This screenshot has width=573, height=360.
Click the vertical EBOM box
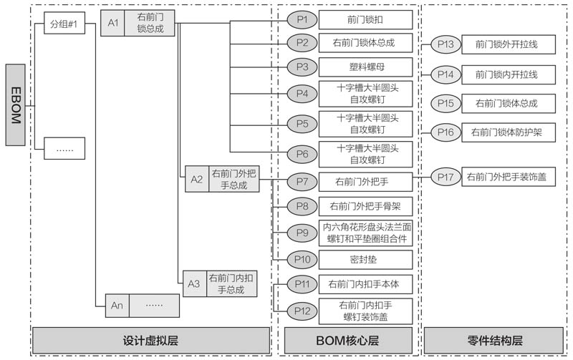(17, 104)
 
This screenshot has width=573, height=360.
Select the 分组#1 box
(64, 24)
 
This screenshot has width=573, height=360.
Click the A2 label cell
(196, 179)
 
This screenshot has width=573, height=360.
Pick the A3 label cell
(193, 283)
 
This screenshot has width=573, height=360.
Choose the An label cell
(117, 305)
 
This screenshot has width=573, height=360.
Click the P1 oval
(302, 19)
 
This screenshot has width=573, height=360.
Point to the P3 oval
(302, 67)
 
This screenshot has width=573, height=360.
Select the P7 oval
(302, 181)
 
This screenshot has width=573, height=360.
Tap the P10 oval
(302, 258)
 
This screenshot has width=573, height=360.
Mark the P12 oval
(302, 311)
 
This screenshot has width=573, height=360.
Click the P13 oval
(445, 44)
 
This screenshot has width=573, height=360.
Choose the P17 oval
(445, 177)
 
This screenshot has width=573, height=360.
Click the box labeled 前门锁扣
(365, 19)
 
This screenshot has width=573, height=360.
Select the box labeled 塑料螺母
(365, 67)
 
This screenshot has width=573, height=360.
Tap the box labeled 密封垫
(365, 258)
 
